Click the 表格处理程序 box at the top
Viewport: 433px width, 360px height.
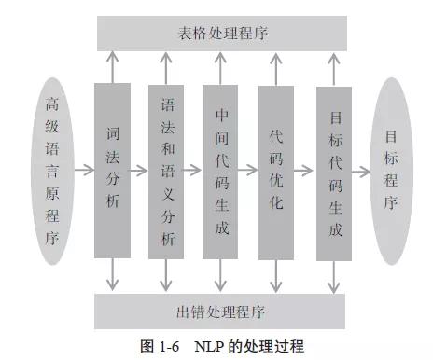click(222, 34)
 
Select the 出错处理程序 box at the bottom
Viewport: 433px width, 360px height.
click(222, 311)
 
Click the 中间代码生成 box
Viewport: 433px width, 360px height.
click(222, 171)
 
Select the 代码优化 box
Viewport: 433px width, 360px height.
click(276, 171)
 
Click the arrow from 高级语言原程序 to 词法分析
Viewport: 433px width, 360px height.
click(85, 171)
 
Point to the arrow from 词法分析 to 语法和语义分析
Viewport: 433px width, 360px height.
click(140, 171)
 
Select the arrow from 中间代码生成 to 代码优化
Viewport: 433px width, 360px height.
click(249, 171)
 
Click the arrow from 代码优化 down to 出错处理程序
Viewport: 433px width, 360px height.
click(276, 275)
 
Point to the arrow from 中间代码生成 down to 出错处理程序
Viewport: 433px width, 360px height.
click(222, 275)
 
